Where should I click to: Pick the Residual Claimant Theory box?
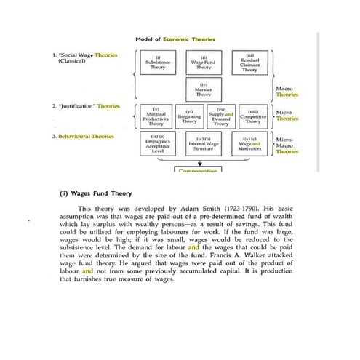(249, 64)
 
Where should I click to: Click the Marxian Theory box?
(204, 92)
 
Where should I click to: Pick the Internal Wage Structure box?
(204, 144)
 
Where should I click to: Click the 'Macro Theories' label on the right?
(287, 92)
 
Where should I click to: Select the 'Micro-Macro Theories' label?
(287, 145)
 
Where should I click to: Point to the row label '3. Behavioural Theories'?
(83, 136)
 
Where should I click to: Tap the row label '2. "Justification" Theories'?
(86, 106)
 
